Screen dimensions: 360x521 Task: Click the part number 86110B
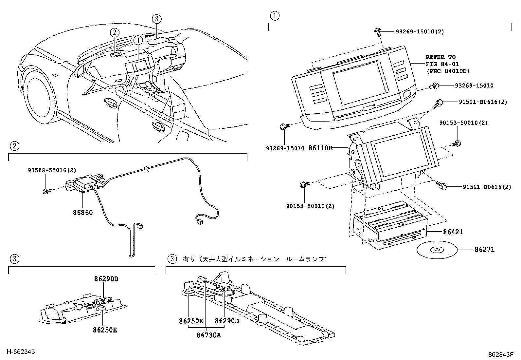tap(320, 148)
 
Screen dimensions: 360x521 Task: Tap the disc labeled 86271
tap(437, 250)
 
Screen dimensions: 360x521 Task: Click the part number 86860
tap(82, 212)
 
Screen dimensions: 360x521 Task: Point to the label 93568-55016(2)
tap(52, 170)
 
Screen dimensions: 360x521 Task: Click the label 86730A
tap(209, 335)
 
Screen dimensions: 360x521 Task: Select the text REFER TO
tap(440, 57)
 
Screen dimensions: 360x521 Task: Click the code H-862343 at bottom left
tap(21, 352)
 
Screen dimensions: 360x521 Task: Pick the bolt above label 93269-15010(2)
tap(377, 31)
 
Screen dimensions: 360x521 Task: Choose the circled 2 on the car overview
tap(114, 32)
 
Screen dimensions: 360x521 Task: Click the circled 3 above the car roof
tap(157, 19)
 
